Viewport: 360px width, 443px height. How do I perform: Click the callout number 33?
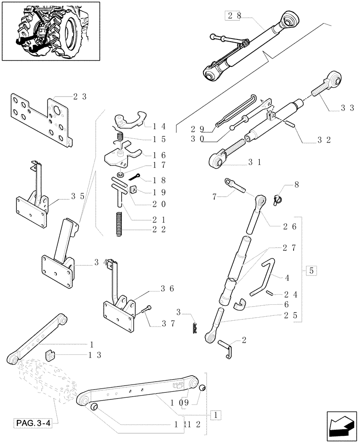[x=348, y=107]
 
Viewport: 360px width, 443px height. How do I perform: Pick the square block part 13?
[x=51, y=355]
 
